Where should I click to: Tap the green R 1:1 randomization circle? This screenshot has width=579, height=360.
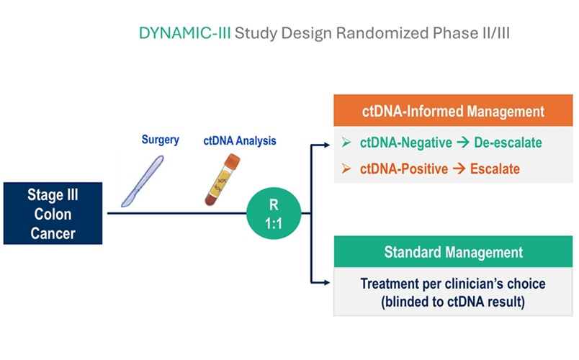(x=273, y=213)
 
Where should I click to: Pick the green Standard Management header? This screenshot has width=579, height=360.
(x=454, y=253)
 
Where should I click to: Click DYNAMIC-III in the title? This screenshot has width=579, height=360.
(x=185, y=34)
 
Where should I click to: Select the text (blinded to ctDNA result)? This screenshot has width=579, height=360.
(x=454, y=302)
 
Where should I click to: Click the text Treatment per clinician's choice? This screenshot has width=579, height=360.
(x=454, y=284)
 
